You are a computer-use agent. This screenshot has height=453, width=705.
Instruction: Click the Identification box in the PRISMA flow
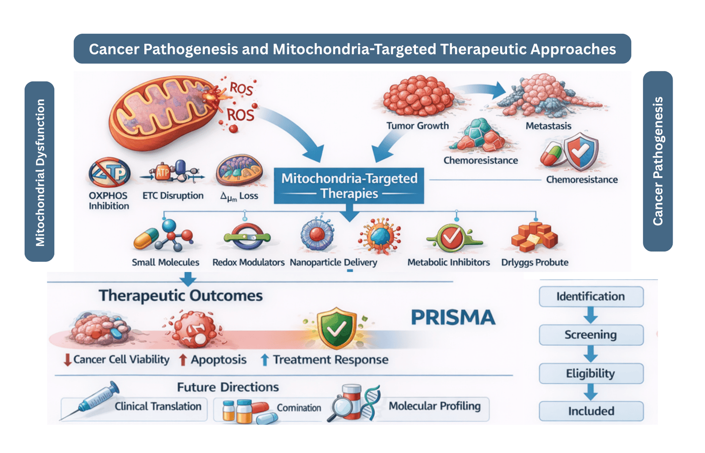coord(591,296)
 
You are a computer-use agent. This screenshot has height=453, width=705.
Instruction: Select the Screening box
coord(591,335)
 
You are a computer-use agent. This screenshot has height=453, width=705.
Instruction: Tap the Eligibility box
coord(591,373)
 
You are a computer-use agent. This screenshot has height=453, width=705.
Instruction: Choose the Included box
coord(591,411)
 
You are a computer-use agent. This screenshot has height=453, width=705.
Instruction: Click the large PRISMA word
coord(453,318)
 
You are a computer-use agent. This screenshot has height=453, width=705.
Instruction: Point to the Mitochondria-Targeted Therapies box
coord(349,186)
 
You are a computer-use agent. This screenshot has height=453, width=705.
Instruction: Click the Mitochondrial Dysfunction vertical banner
coord(40,172)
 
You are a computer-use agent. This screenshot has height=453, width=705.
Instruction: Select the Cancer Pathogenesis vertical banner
coord(658,161)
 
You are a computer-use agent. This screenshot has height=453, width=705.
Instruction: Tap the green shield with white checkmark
coord(336,329)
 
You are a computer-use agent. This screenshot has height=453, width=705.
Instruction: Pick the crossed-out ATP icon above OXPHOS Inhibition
coord(109,173)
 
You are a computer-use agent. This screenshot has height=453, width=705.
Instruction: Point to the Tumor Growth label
coord(417,126)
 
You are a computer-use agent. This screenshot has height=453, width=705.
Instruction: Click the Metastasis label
coord(548,126)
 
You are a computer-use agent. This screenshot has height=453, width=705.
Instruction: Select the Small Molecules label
coord(165,262)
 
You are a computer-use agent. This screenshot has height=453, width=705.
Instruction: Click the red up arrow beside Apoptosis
coord(183,360)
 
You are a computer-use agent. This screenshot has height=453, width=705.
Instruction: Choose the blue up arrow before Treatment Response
coord(264,360)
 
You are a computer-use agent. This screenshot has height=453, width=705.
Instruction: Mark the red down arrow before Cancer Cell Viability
coord(67,360)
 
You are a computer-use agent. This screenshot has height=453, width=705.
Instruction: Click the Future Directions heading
coord(228,387)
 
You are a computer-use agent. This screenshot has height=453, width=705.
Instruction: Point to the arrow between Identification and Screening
coord(591,316)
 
